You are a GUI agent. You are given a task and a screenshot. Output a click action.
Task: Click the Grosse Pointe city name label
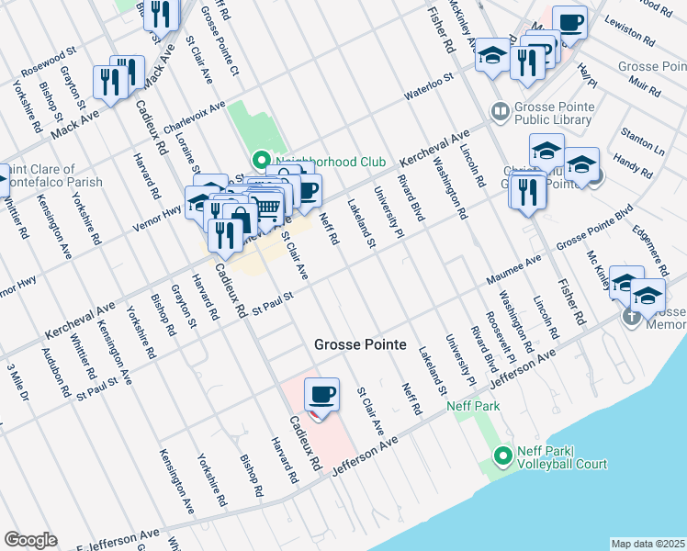360,344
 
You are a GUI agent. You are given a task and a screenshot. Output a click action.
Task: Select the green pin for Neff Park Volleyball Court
502,455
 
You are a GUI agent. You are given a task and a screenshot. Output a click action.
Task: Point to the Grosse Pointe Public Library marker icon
501,111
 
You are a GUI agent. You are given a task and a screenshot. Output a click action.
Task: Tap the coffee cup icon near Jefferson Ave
321,396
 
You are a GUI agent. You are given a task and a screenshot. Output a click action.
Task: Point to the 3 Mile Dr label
17,381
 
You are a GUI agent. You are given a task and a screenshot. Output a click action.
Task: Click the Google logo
30,540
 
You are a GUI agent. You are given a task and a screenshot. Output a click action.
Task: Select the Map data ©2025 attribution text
648,544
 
